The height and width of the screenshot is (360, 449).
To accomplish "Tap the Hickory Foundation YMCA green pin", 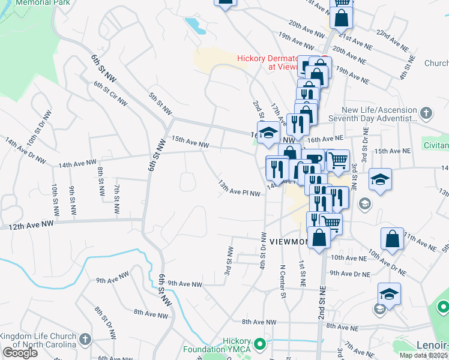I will coord(260,344).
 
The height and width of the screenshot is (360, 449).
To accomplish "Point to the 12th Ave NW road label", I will coord(30,224).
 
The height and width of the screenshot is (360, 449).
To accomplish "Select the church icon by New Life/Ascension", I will coord(426,113).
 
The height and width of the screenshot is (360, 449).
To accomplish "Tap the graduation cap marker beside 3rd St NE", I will coord(379,179).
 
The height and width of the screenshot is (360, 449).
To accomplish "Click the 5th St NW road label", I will coord(160,103).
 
